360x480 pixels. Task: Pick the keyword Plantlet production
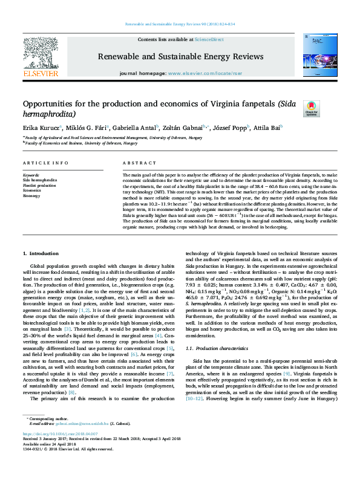point(39,185)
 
